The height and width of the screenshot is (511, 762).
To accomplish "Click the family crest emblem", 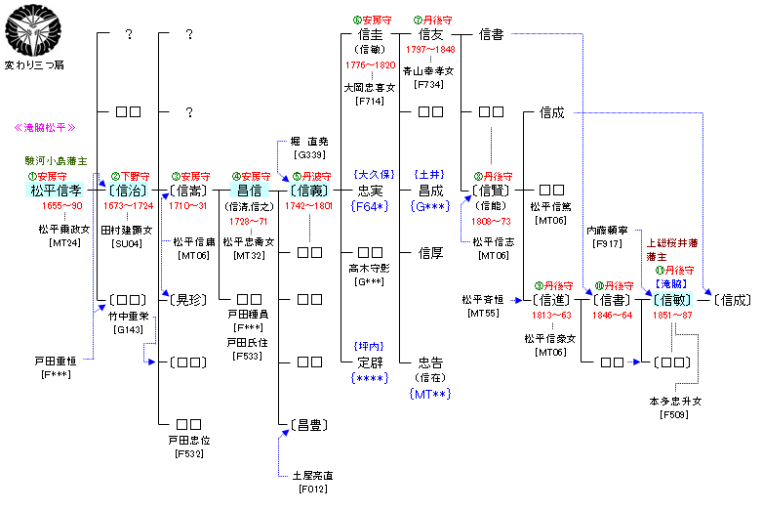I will (32, 29).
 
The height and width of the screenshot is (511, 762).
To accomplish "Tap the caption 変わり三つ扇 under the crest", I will (34, 65).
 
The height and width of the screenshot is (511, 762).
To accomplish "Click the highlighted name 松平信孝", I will (56, 190).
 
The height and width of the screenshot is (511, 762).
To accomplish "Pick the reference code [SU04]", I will (127, 243).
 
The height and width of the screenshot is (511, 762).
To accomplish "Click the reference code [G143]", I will (126, 330).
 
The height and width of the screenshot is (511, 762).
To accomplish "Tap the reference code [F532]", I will (188, 453).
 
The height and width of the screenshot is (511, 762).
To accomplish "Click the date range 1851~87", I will (673, 316).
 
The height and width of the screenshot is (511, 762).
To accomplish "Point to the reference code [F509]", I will (675, 414).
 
